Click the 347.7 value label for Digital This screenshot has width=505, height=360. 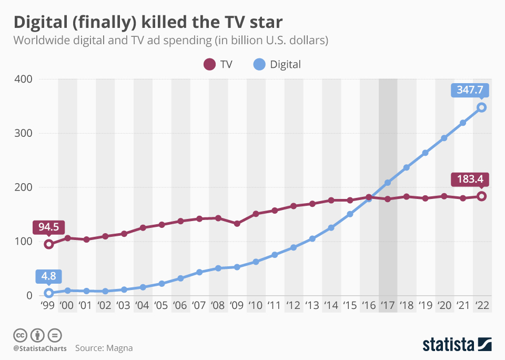tap(470, 90)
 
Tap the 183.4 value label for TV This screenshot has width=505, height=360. tap(470, 179)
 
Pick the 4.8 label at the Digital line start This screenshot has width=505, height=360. tap(48, 276)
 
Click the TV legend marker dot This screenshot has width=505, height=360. tap(209, 65)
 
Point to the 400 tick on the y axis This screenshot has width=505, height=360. tap(24, 79)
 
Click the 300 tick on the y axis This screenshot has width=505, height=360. tap(24, 133)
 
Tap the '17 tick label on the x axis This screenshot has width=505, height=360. tap(388, 305)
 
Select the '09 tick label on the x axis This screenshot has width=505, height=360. tap(237, 305)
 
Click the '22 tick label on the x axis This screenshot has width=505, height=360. tap(481, 305)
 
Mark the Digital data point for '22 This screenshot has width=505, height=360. tap(481, 107)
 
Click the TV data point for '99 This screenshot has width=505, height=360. tap(49, 244)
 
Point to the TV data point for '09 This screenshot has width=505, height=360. tap(237, 224)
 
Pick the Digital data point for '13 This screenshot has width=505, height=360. tap(312, 238)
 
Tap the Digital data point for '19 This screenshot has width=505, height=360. tap(425, 153)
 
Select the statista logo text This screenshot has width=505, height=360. tap(448, 345)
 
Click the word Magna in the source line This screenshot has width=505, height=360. tap(119, 348)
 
